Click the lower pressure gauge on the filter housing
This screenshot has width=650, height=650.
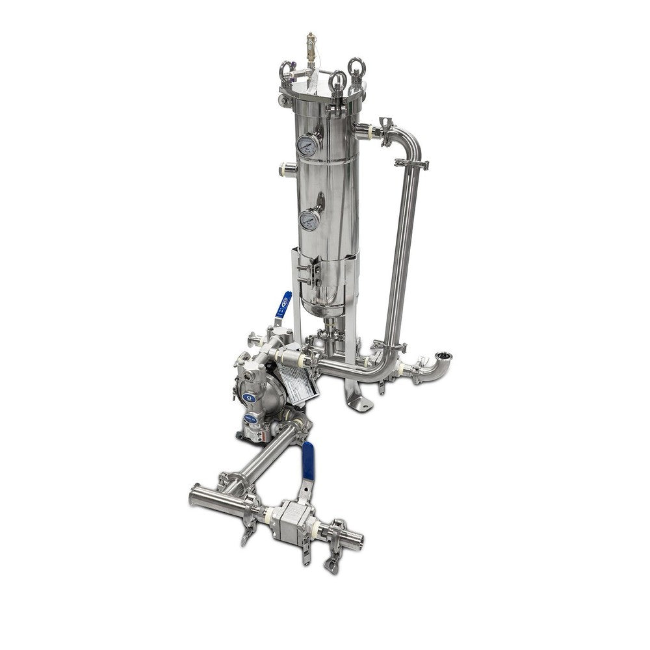coord(309,221)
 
